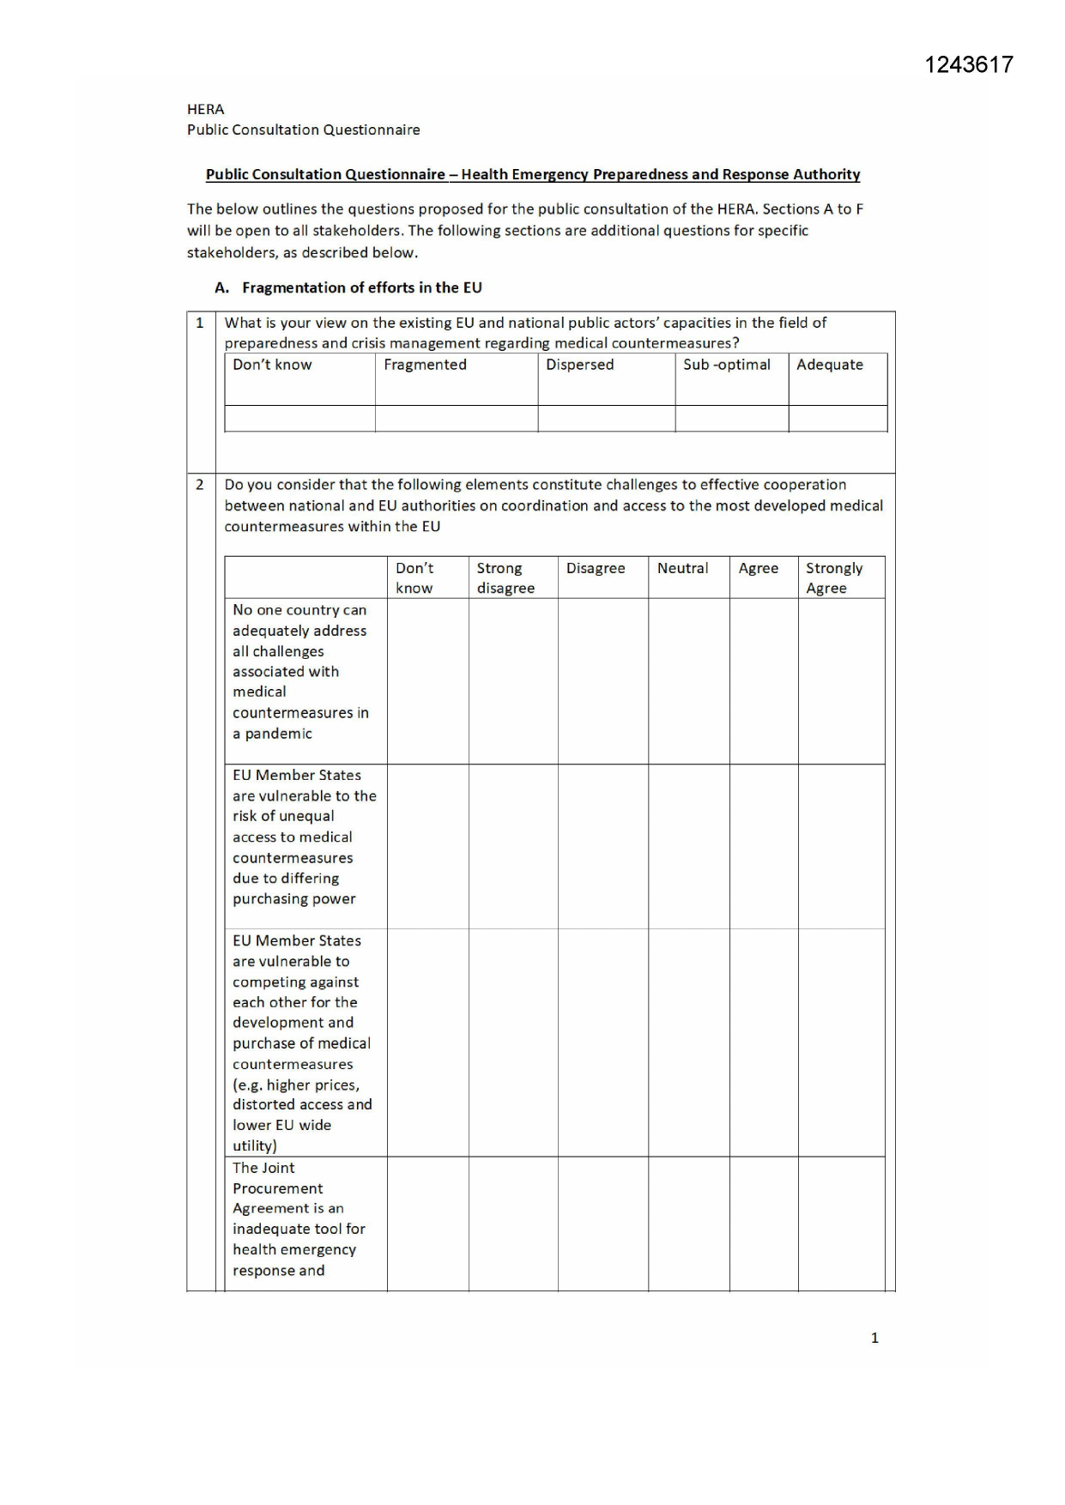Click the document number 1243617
[x=968, y=65]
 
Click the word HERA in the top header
[x=205, y=109]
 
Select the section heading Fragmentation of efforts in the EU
[x=361, y=287]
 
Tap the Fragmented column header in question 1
[x=425, y=365]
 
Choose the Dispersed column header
[x=579, y=365]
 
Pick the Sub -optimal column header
[x=726, y=365]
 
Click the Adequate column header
[x=829, y=365]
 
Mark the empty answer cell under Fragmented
[x=456, y=419]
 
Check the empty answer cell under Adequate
[x=837, y=419]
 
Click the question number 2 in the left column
[x=200, y=485]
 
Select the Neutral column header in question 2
[x=682, y=568]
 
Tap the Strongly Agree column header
[x=833, y=577]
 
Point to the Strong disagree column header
[x=505, y=577]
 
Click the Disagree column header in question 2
[x=596, y=568]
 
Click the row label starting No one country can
[x=300, y=671]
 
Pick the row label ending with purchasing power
[x=304, y=837]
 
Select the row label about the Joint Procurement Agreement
[x=298, y=1218]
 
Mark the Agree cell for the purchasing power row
[x=763, y=846]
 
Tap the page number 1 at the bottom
[x=874, y=1338]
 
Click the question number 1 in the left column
[x=200, y=323]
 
